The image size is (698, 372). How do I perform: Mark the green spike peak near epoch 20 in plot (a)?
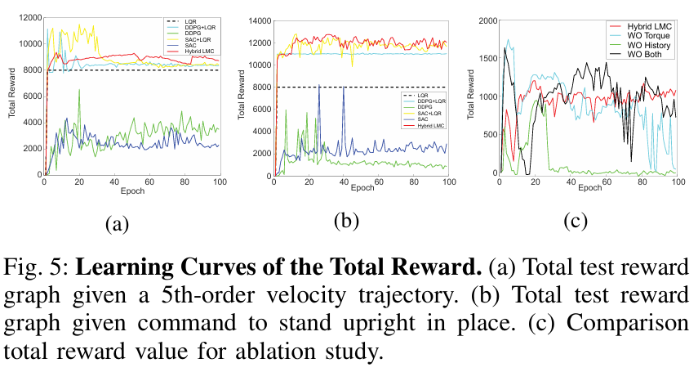pyautogui.click(x=79, y=90)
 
